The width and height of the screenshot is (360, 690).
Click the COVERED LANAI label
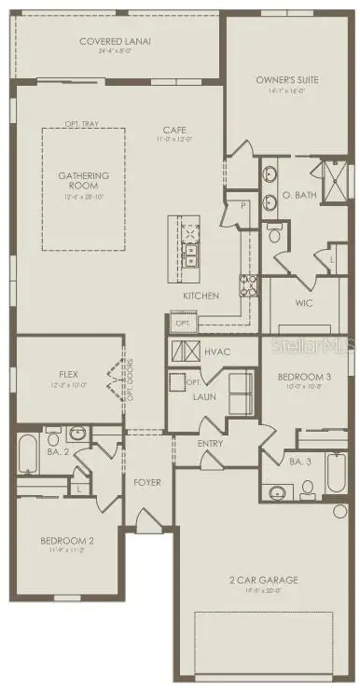[117, 41]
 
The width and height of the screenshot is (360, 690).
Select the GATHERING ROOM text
[84, 180]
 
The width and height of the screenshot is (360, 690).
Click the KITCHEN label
[201, 296]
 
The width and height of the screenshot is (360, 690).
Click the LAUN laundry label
[205, 397]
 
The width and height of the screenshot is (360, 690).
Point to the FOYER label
[147, 482]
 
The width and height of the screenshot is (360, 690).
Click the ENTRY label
[210, 443]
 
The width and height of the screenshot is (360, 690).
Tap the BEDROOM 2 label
[66, 540]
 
